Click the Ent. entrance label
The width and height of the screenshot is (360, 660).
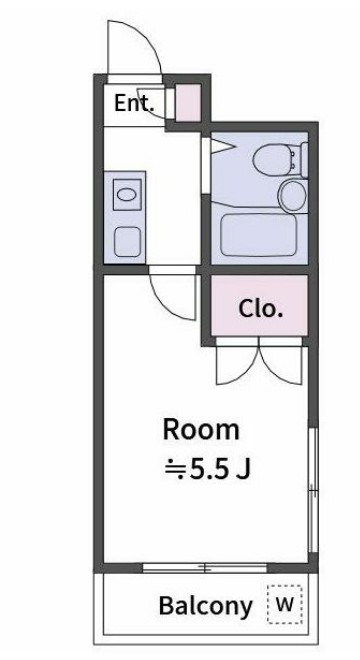click(133, 102)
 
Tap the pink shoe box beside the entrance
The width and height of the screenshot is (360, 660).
click(187, 103)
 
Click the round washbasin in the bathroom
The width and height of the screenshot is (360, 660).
click(292, 195)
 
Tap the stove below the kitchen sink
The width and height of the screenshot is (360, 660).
click(127, 241)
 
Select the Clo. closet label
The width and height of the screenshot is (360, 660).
click(260, 308)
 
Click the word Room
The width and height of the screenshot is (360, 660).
click(201, 430)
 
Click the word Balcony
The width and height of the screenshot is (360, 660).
click(205, 606)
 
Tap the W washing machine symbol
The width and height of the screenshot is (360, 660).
click(285, 604)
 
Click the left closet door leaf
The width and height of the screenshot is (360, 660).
click(236, 364)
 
